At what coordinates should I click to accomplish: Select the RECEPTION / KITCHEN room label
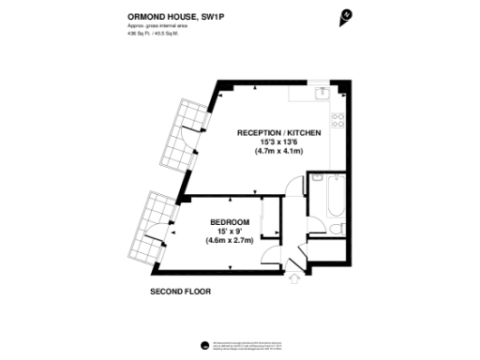pos(279,133)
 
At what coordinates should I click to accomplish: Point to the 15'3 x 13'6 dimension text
pos(279,142)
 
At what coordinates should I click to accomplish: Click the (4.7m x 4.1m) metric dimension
pos(279,151)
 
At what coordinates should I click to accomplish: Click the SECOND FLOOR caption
pos(181,292)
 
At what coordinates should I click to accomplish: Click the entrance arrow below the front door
pos(296,277)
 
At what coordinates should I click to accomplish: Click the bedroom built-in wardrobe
pos(268,221)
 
